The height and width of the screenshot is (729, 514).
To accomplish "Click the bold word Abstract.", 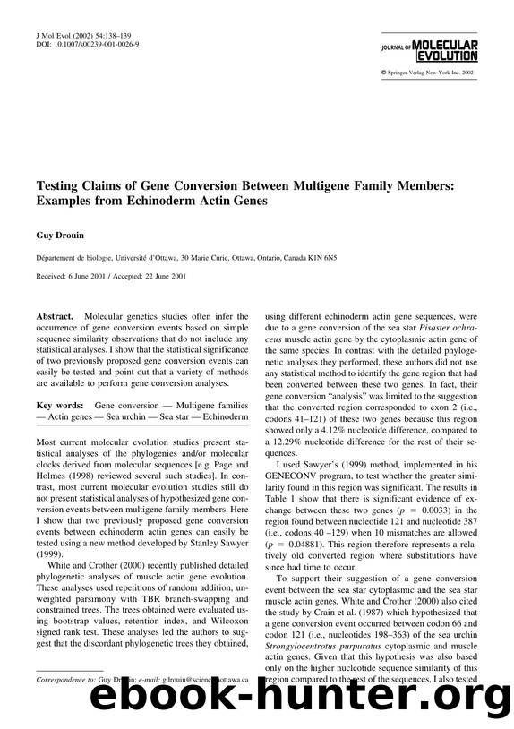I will pos(55,317).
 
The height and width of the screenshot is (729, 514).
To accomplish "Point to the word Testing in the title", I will pos(62,188).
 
